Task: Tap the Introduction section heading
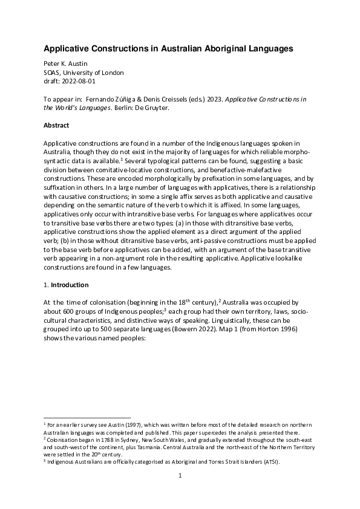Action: click(x=70, y=284)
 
